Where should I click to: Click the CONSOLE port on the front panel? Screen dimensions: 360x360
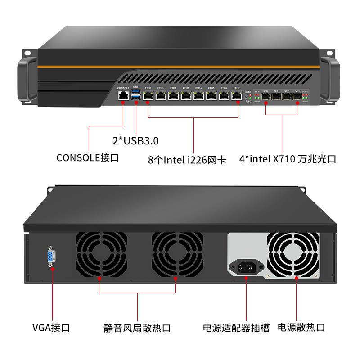coord(123,95)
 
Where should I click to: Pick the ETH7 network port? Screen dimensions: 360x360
coord(237,95)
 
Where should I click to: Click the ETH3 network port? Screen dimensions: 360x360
coord(186,95)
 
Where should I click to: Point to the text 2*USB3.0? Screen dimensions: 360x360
coord(135,141)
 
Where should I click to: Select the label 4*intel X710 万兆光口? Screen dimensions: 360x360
coord(288,159)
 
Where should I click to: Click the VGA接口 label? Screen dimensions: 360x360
coord(51,327)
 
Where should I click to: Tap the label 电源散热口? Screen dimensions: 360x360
coord(301,327)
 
